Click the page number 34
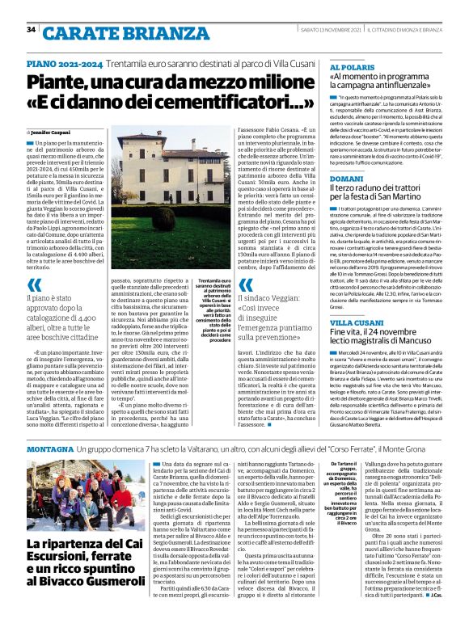point(32,29)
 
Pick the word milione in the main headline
point(268,82)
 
